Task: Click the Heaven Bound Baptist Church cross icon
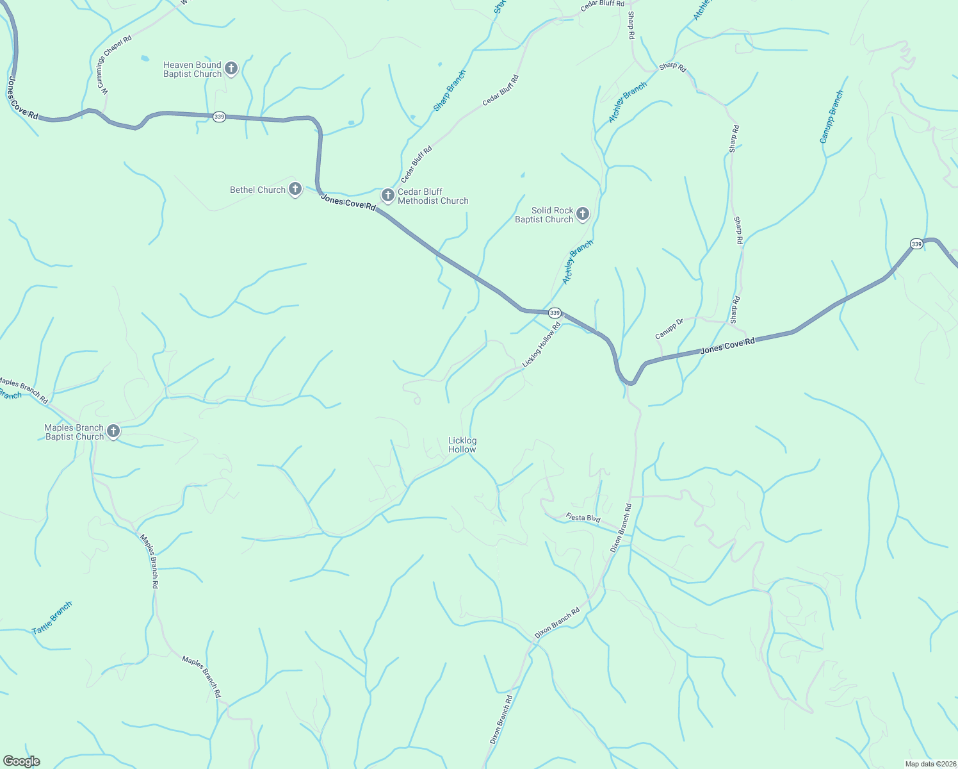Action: (231, 68)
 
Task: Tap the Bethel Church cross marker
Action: (295, 189)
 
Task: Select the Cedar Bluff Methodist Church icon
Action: (387, 195)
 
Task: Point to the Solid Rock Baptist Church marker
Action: (582, 213)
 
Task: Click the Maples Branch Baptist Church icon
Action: (113, 431)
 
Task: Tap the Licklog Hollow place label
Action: (462, 445)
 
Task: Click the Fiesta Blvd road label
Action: (583, 517)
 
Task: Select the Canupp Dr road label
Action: (669, 329)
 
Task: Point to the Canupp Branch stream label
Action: (832, 117)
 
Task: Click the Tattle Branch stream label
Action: (52, 618)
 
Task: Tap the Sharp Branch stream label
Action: (450, 91)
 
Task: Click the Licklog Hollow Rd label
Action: (541, 345)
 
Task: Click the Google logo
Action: (22, 761)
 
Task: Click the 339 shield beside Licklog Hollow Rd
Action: (555, 313)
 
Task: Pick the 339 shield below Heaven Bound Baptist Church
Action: (219, 117)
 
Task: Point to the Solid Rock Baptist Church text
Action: (544, 215)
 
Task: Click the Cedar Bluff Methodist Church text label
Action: (433, 196)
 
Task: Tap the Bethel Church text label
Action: (257, 190)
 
